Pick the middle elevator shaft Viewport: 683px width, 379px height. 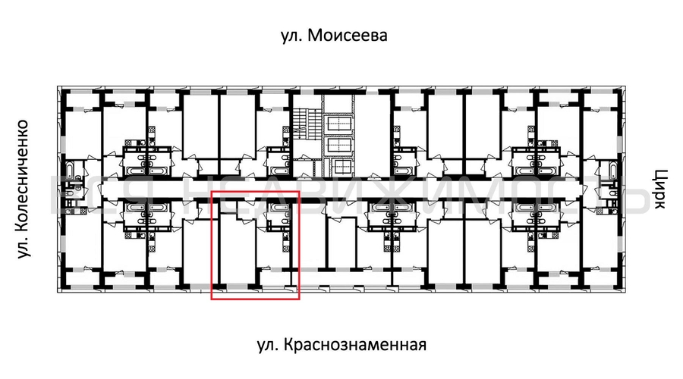tap(338, 146)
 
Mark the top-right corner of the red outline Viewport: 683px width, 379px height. tap(300, 192)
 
